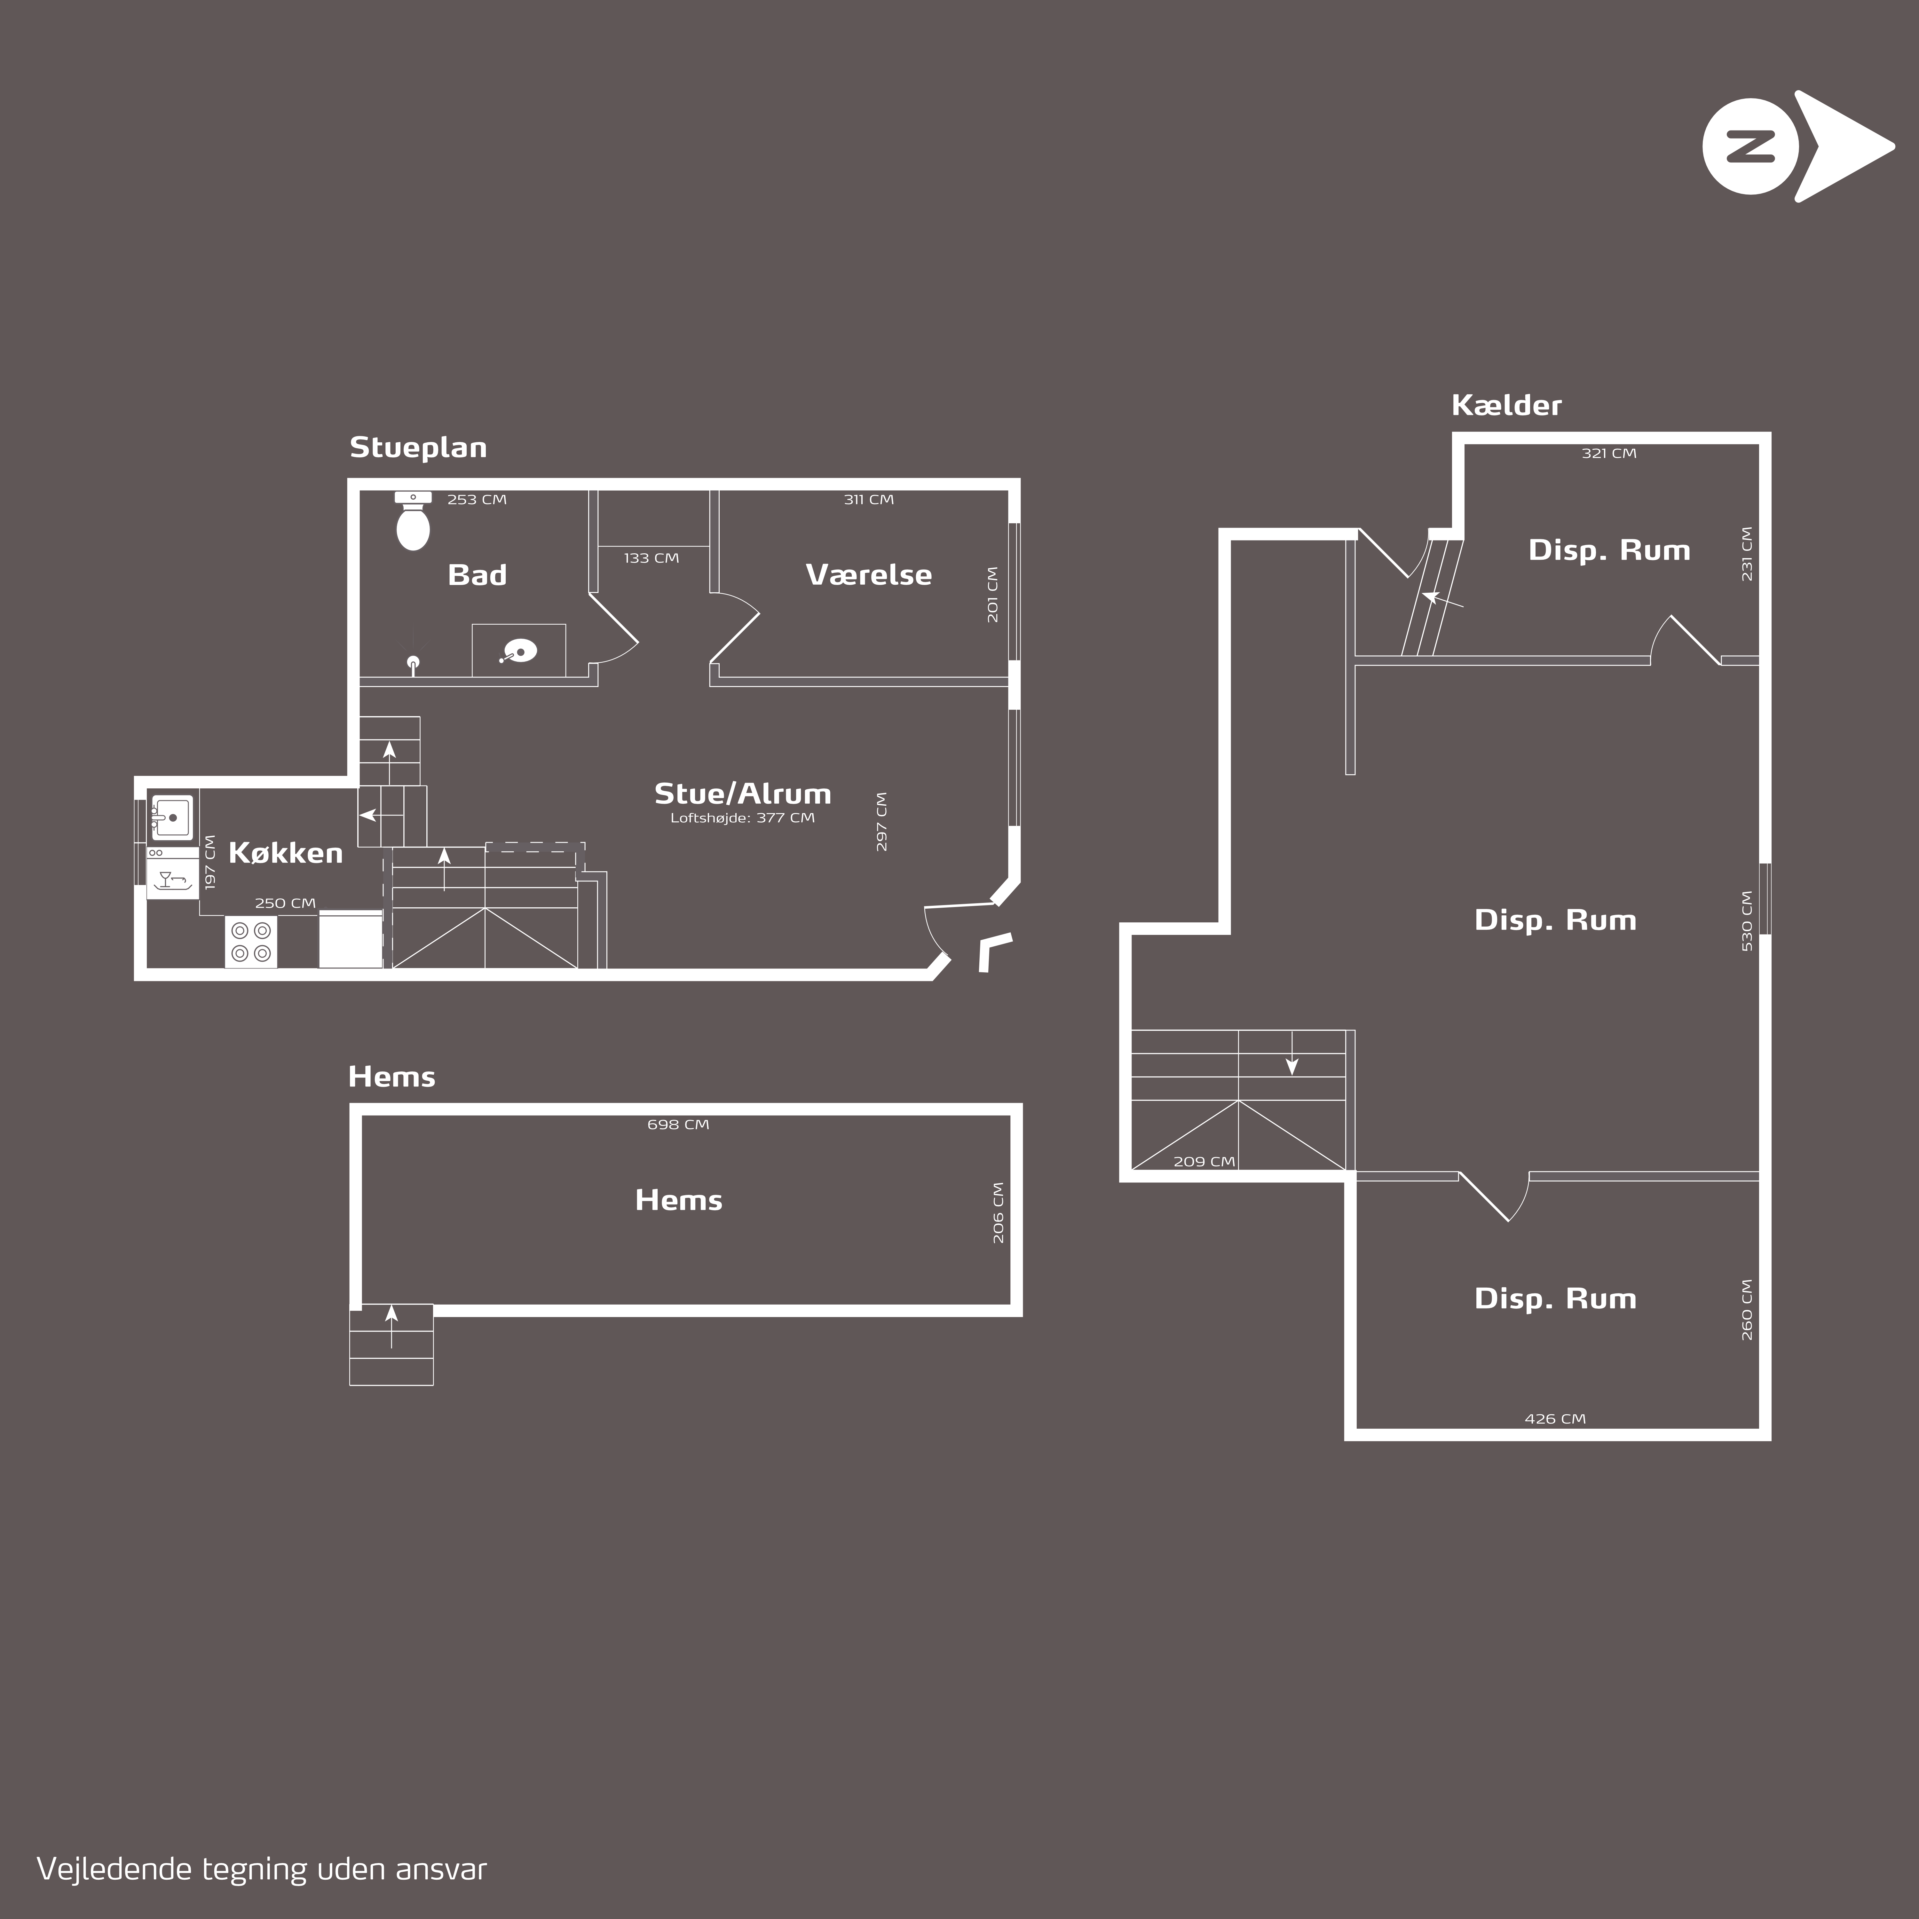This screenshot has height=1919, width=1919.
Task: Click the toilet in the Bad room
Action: (x=413, y=520)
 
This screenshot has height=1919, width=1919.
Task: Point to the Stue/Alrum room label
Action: (x=742, y=794)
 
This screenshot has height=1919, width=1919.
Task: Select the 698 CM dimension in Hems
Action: (x=678, y=1125)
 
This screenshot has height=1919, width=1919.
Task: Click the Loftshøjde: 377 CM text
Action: (x=742, y=818)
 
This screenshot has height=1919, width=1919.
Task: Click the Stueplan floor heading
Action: (x=418, y=448)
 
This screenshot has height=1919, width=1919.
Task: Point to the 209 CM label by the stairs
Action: (x=1204, y=1161)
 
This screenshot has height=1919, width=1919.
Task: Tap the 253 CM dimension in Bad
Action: (x=477, y=500)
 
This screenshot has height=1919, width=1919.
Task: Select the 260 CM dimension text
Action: (x=1747, y=1309)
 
